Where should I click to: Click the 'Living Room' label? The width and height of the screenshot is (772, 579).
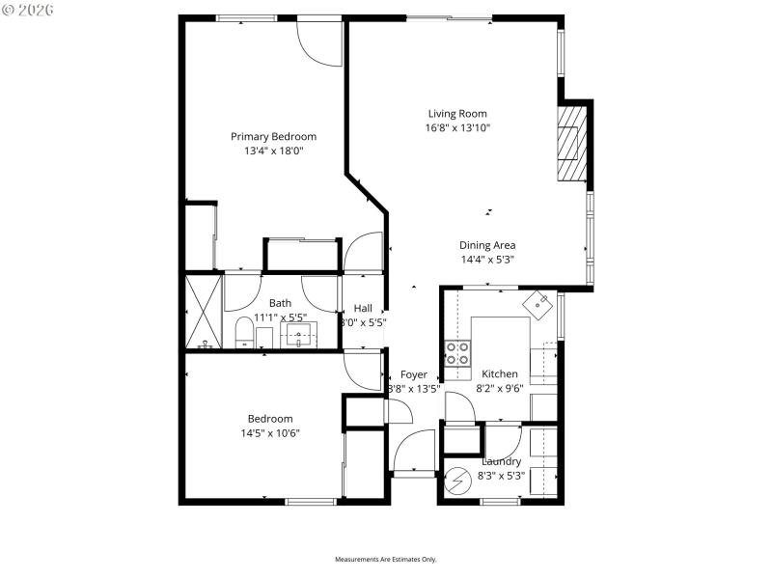click(457, 114)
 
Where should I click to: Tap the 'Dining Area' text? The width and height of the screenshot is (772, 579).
click(486, 245)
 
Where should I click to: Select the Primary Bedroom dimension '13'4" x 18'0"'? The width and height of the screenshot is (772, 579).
click(273, 151)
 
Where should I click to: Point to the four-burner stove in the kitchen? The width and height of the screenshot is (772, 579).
click(457, 355)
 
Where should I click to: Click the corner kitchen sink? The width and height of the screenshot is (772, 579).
click(537, 304)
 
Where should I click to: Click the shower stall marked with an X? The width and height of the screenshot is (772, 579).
click(204, 311)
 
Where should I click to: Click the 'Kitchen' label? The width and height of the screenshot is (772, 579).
click(500, 374)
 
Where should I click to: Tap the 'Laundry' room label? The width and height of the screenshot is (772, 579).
click(501, 462)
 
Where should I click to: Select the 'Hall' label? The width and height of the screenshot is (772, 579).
click(363, 309)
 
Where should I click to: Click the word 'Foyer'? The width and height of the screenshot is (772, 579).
click(413, 375)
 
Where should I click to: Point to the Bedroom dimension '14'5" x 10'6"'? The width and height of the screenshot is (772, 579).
click(270, 433)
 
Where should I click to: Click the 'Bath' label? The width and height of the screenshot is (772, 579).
click(280, 303)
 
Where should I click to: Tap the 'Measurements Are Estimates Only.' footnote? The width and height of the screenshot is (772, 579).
click(386, 560)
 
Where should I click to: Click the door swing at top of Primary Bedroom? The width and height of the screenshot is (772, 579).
click(319, 41)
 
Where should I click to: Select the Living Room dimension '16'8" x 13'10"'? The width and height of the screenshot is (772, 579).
click(457, 128)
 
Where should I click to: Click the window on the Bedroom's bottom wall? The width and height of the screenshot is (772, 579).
click(311, 501)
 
